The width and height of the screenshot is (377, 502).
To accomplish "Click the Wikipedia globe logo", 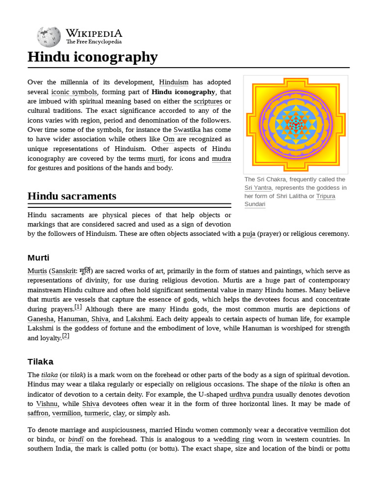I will (x=49, y=37).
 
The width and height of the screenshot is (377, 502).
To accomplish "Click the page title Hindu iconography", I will (x=92, y=57).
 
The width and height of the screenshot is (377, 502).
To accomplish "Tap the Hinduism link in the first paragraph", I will (x=173, y=82).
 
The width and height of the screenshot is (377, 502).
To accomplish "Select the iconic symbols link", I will (x=74, y=92).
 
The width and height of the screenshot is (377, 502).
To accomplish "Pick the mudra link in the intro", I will (x=221, y=158).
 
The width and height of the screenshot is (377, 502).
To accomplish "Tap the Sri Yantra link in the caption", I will (x=258, y=188).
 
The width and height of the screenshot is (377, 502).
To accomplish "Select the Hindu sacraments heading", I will (x=72, y=196).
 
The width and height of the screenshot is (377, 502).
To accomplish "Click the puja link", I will (x=249, y=234).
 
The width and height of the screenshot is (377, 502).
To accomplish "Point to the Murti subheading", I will (x=38, y=258).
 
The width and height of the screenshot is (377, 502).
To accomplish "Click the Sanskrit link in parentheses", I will (x=63, y=271).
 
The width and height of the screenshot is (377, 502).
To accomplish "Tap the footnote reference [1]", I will (x=78, y=307).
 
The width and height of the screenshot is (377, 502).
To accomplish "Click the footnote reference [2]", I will (x=65, y=336).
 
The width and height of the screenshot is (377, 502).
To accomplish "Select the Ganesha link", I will (x=40, y=319).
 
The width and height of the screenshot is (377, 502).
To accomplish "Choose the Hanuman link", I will (x=73, y=319).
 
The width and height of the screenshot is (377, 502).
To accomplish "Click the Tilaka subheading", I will (x=40, y=362).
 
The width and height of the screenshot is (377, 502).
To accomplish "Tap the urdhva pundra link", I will (x=248, y=394).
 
